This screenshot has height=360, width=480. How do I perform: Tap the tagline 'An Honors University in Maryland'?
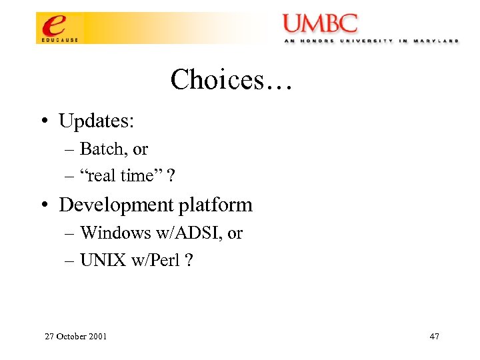[371, 41]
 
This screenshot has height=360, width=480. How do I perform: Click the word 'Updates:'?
[97, 121]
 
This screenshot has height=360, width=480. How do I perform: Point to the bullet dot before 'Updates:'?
[43, 121]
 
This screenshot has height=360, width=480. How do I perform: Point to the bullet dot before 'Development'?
[43, 205]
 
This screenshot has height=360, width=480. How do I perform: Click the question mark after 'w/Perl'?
[189, 260]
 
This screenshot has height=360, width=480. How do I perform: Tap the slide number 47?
[434, 336]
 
